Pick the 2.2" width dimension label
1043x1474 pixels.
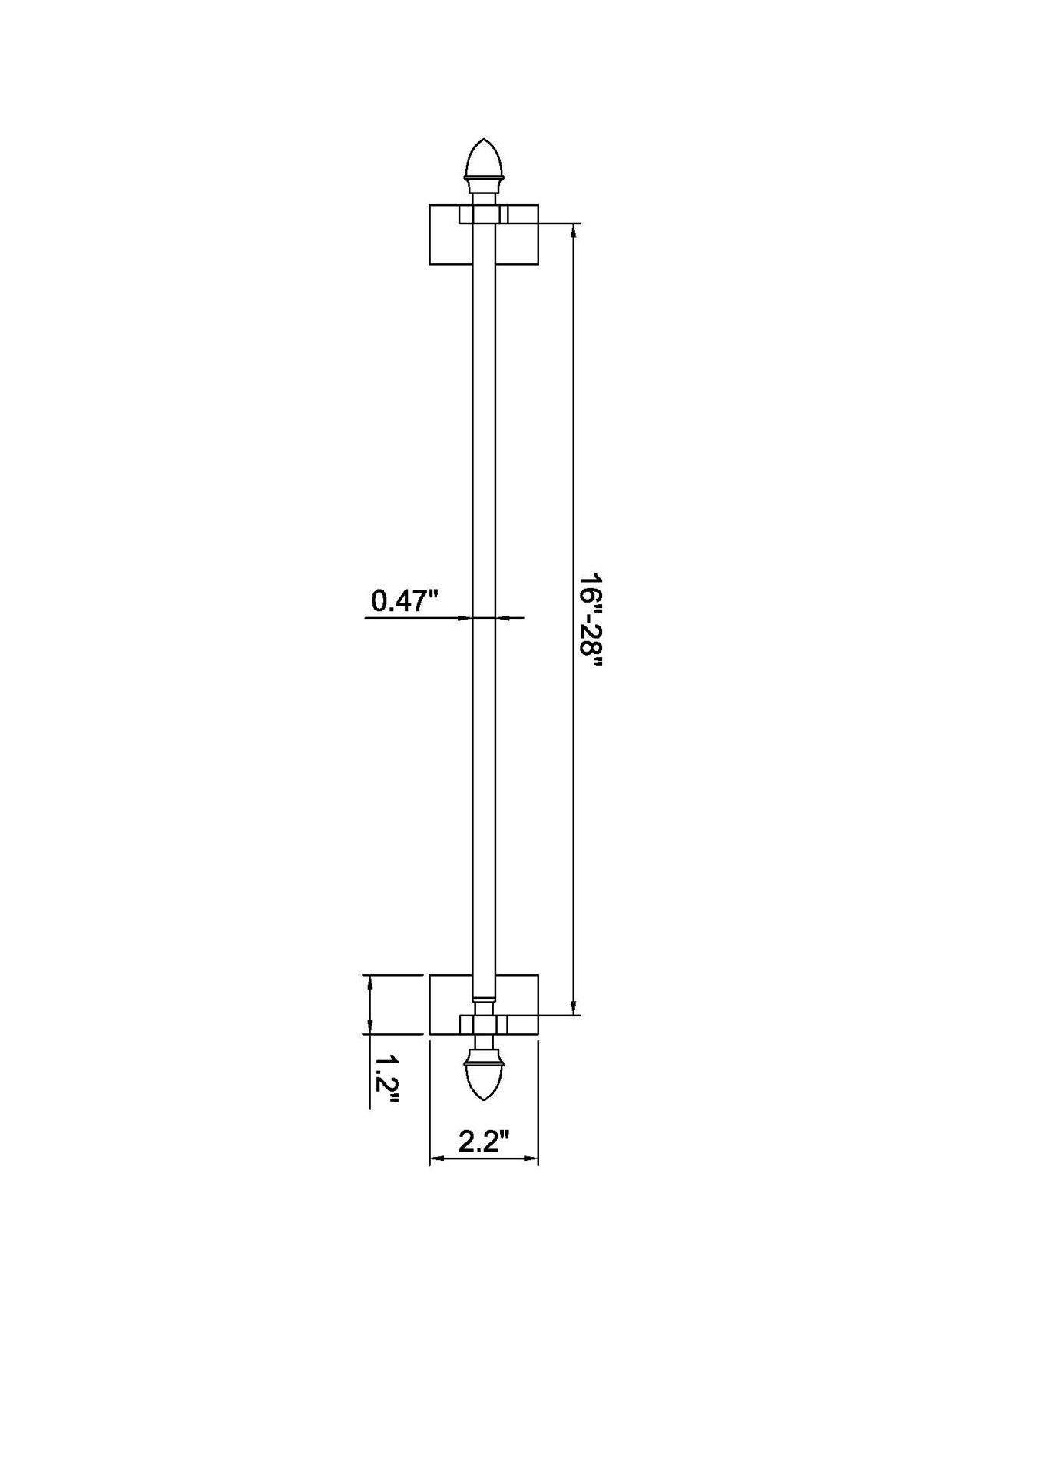click(x=484, y=1142)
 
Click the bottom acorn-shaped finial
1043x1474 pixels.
click(x=484, y=1079)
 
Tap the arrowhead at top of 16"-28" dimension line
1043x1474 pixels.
click(x=573, y=230)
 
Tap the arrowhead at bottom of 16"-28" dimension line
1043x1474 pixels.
click(x=573, y=1009)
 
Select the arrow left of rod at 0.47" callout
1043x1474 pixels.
click(x=464, y=617)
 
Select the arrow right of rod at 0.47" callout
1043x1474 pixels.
click(x=503, y=617)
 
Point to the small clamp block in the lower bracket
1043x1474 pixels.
click(x=484, y=1024)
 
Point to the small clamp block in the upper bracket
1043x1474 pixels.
click(x=484, y=214)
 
